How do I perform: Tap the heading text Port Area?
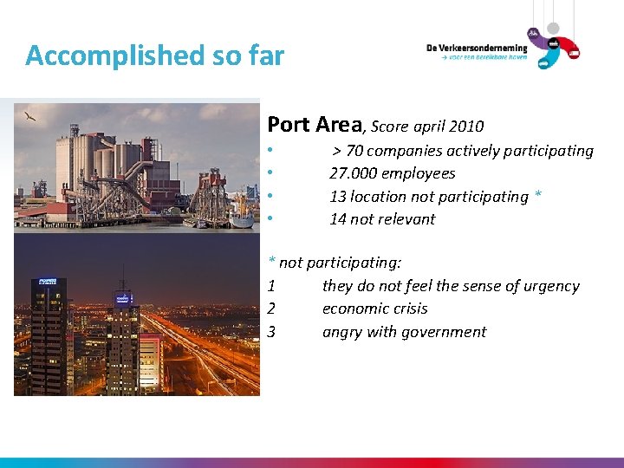[x=315, y=125]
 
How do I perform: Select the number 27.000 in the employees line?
[x=353, y=173]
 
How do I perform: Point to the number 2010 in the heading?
[x=466, y=127]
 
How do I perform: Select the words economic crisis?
[x=374, y=309]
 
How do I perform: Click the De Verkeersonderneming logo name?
[x=476, y=49]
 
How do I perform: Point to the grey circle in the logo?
[x=553, y=29]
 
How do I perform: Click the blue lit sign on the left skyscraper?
[x=48, y=282]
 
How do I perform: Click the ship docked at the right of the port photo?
[x=242, y=220]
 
